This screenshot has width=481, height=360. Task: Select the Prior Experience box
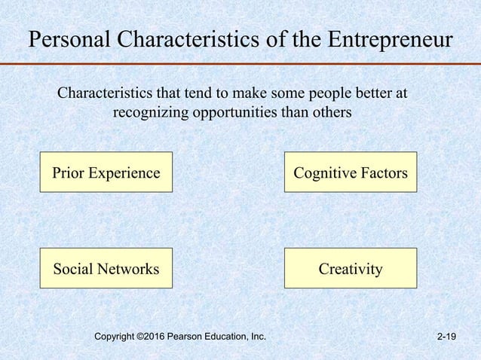tap(106, 172)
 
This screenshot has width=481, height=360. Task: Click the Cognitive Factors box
tap(350, 172)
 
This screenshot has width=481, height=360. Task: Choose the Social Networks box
tap(106, 268)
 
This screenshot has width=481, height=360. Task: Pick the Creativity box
tap(350, 268)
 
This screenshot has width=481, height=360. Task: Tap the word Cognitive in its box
tap(323, 172)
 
